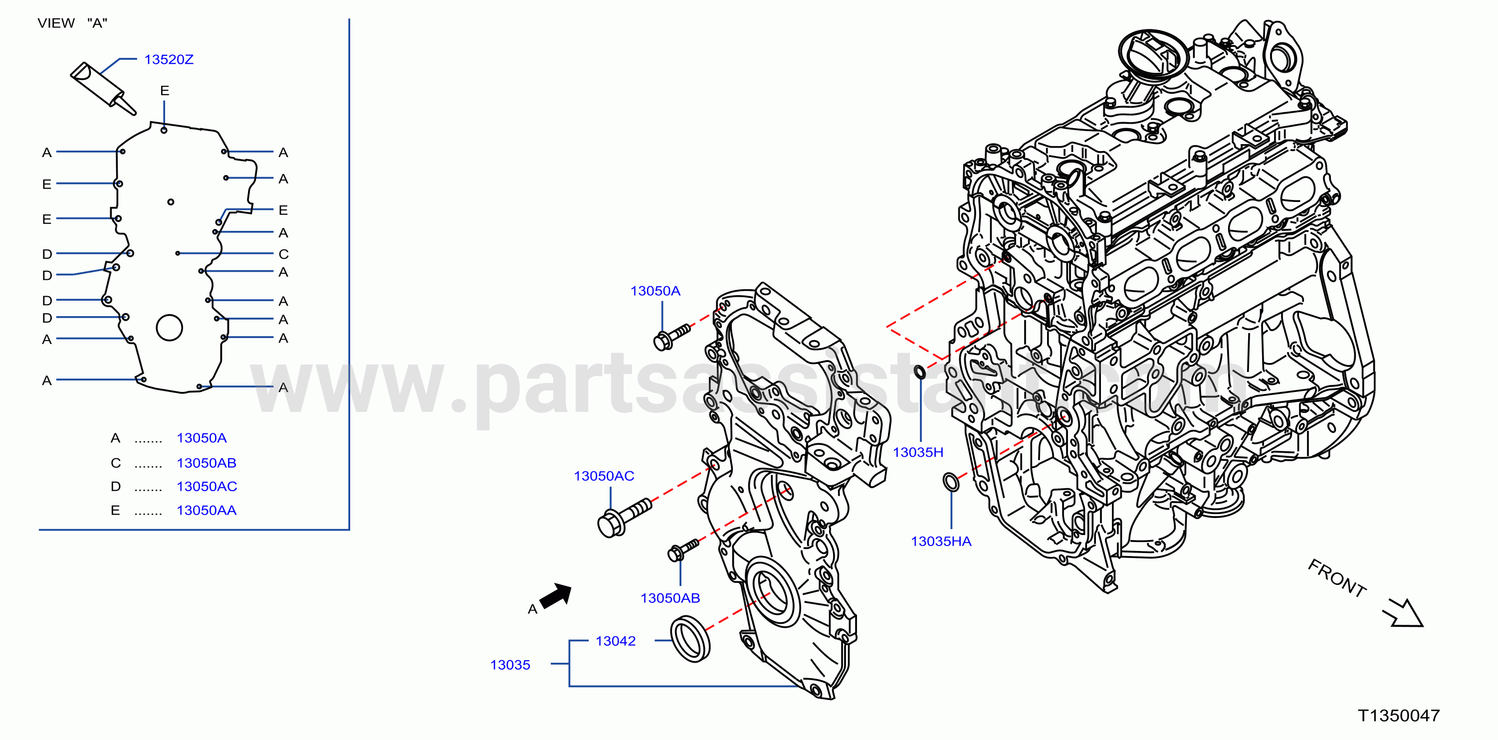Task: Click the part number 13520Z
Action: click(169, 59)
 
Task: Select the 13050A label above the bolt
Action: click(655, 291)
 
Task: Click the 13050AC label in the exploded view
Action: click(604, 476)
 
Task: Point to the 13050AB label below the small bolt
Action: click(670, 598)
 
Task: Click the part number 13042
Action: click(615, 641)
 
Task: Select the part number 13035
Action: click(510, 665)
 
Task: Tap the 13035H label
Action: click(918, 452)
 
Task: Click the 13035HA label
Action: click(941, 542)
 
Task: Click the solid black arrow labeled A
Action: click(556, 595)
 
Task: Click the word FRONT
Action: click(1337, 578)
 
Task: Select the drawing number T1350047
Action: click(1399, 716)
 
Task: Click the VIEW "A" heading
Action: click(73, 23)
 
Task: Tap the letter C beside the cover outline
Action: click(283, 254)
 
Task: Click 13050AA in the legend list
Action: click(207, 511)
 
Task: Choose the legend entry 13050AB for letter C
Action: click(207, 463)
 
